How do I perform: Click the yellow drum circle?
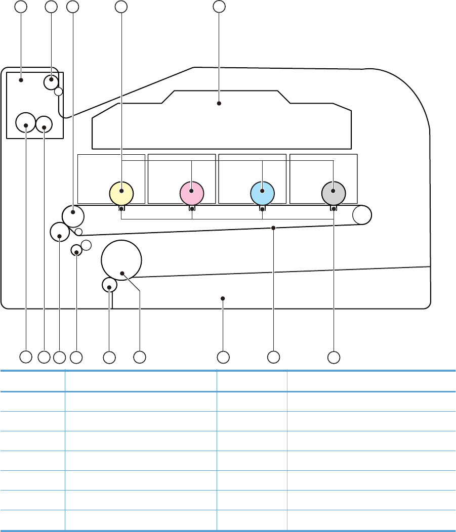pyautogui.click(x=121, y=192)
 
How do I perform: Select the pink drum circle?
pyautogui.click(x=192, y=192)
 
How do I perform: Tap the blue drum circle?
pyautogui.click(x=262, y=192)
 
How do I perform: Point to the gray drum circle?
pyautogui.click(x=334, y=192)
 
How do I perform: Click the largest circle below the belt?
pyautogui.click(x=121, y=259)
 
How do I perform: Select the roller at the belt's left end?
pyautogui.click(x=73, y=216)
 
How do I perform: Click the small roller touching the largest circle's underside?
pyautogui.click(x=109, y=285)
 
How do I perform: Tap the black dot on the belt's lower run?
pyautogui.click(x=273, y=228)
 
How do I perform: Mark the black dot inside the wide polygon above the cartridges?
pyautogui.click(x=219, y=103)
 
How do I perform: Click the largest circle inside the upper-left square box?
pyautogui.click(x=25, y=122)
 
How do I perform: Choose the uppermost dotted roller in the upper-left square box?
pyautogui.click(x=52, y=81)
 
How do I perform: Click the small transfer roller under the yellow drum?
pyautogui.click(x=121, y=208)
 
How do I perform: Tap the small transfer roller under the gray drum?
pyautogui.click(x=334, y=208)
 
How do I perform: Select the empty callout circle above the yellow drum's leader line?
pyautogui.click(x=121, y=7)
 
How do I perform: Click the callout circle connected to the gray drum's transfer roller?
pyautogui.click(x=333, y=357)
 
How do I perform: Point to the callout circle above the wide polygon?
pyautogui.click(x=219, y=7)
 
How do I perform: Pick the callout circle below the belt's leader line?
pyautogui.click(x=273, y=357)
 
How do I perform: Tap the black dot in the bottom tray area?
pyautogui.click(x=223, y=298)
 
